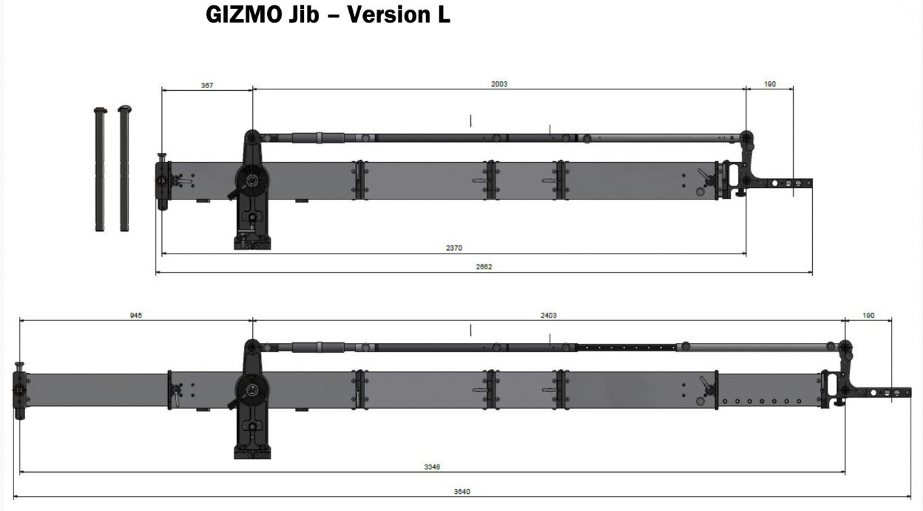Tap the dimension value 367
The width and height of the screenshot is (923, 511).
(207, 85)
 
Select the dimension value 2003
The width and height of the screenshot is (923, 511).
(499, 84)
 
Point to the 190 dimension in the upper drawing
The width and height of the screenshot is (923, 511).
(770, 84)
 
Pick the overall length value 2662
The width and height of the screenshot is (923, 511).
(484, 267)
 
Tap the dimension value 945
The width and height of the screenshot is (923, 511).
(135, 315)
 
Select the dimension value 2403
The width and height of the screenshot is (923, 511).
(548, 315)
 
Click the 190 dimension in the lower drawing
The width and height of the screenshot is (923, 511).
(868, 315)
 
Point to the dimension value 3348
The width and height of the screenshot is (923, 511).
(433, 467)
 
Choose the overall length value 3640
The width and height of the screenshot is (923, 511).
(461, 491)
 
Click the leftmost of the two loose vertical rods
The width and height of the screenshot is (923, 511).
(100, 169)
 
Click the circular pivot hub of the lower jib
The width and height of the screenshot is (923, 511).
(252, 390)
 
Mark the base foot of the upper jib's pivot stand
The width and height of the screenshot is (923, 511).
(252, 241)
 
